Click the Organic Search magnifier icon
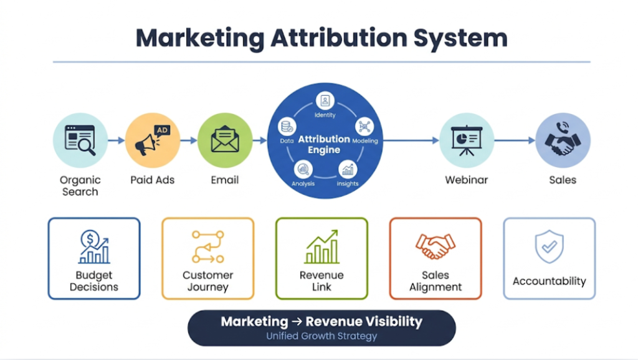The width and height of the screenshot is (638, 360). pyautogui.click(x=80, y=140)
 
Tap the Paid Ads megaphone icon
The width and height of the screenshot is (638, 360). pyautogui.click(x=152, y=140)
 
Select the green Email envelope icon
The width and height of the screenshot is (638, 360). pyautogui.click(x=224, y=140)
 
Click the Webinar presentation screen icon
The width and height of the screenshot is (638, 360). pyautogui.click(x=467, y=140)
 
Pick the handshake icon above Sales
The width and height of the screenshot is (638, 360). pyautogui.click(x=563, y=140)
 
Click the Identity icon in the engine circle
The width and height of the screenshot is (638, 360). pyautogui.click(x=325, y=101)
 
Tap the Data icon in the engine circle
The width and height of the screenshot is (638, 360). pyautogui.click(x=287, y=127)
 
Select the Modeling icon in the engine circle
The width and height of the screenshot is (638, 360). pyautogui.click(x=364, y=127)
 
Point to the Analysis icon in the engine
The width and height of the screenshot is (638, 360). pyautogui.click(x=303, y=169)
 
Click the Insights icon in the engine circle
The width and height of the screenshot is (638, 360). pyautogui.click(x=348, y=169)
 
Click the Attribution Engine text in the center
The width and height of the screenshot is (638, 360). pyautogui.click(x=323, y=144)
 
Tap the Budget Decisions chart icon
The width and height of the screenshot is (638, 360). pyautogui.click(x=94, y=247)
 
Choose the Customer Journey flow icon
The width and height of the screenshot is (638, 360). pyautogui.click(x=207, y=247)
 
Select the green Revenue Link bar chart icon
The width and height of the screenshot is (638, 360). pyautogui.click(x=321, y=247)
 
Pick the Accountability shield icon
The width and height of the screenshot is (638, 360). pyautogui.click(x=549, y=247)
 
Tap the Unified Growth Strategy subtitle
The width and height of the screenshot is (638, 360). pyautogui.click(x=321, y=336)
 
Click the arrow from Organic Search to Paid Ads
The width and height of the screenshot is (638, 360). pyautogui.click(x=116, y=141)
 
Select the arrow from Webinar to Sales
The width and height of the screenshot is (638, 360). pyautogui.click(x=515, y=141)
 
